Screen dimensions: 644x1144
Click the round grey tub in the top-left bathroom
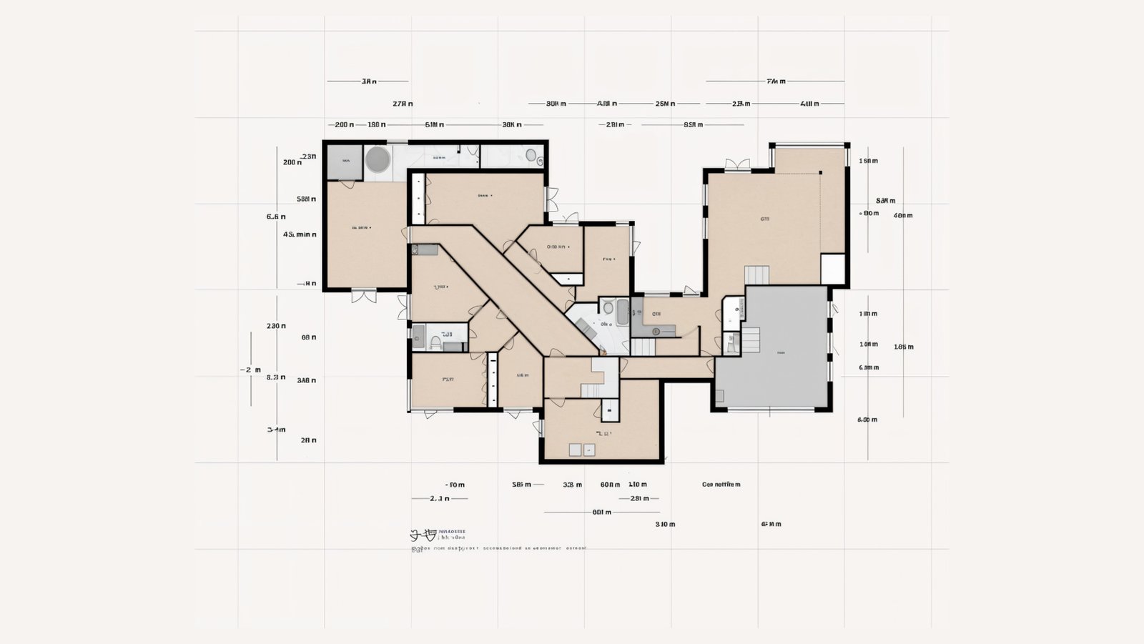(x=378, y=159)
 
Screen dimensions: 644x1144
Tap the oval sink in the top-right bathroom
(x=531, y=154)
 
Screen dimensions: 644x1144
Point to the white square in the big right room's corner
(x=833, y=269)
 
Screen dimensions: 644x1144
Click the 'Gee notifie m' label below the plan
(x=721, y=485)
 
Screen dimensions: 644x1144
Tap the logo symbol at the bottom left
(x=423, y=535)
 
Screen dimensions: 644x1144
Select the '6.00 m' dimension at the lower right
(x=867, y=420)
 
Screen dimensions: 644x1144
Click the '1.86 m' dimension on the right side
(x=903, y=347)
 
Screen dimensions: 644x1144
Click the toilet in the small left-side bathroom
(x=435, y=343)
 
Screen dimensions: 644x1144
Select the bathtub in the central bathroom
(x=622, y=312)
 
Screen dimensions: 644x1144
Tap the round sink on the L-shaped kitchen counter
(x=656, y=331)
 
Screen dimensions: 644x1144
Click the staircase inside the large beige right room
(x=756, y=275)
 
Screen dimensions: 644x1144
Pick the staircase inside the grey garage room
(x=751, y=340)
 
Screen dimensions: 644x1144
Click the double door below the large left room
(x=363, y=295)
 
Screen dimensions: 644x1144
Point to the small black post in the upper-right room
(x=821, y=172)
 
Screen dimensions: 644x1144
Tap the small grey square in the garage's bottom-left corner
(x=719, y=395)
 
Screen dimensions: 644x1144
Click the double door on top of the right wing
(x=737, y=165)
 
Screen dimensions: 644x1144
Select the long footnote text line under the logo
(x=499, y=549)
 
